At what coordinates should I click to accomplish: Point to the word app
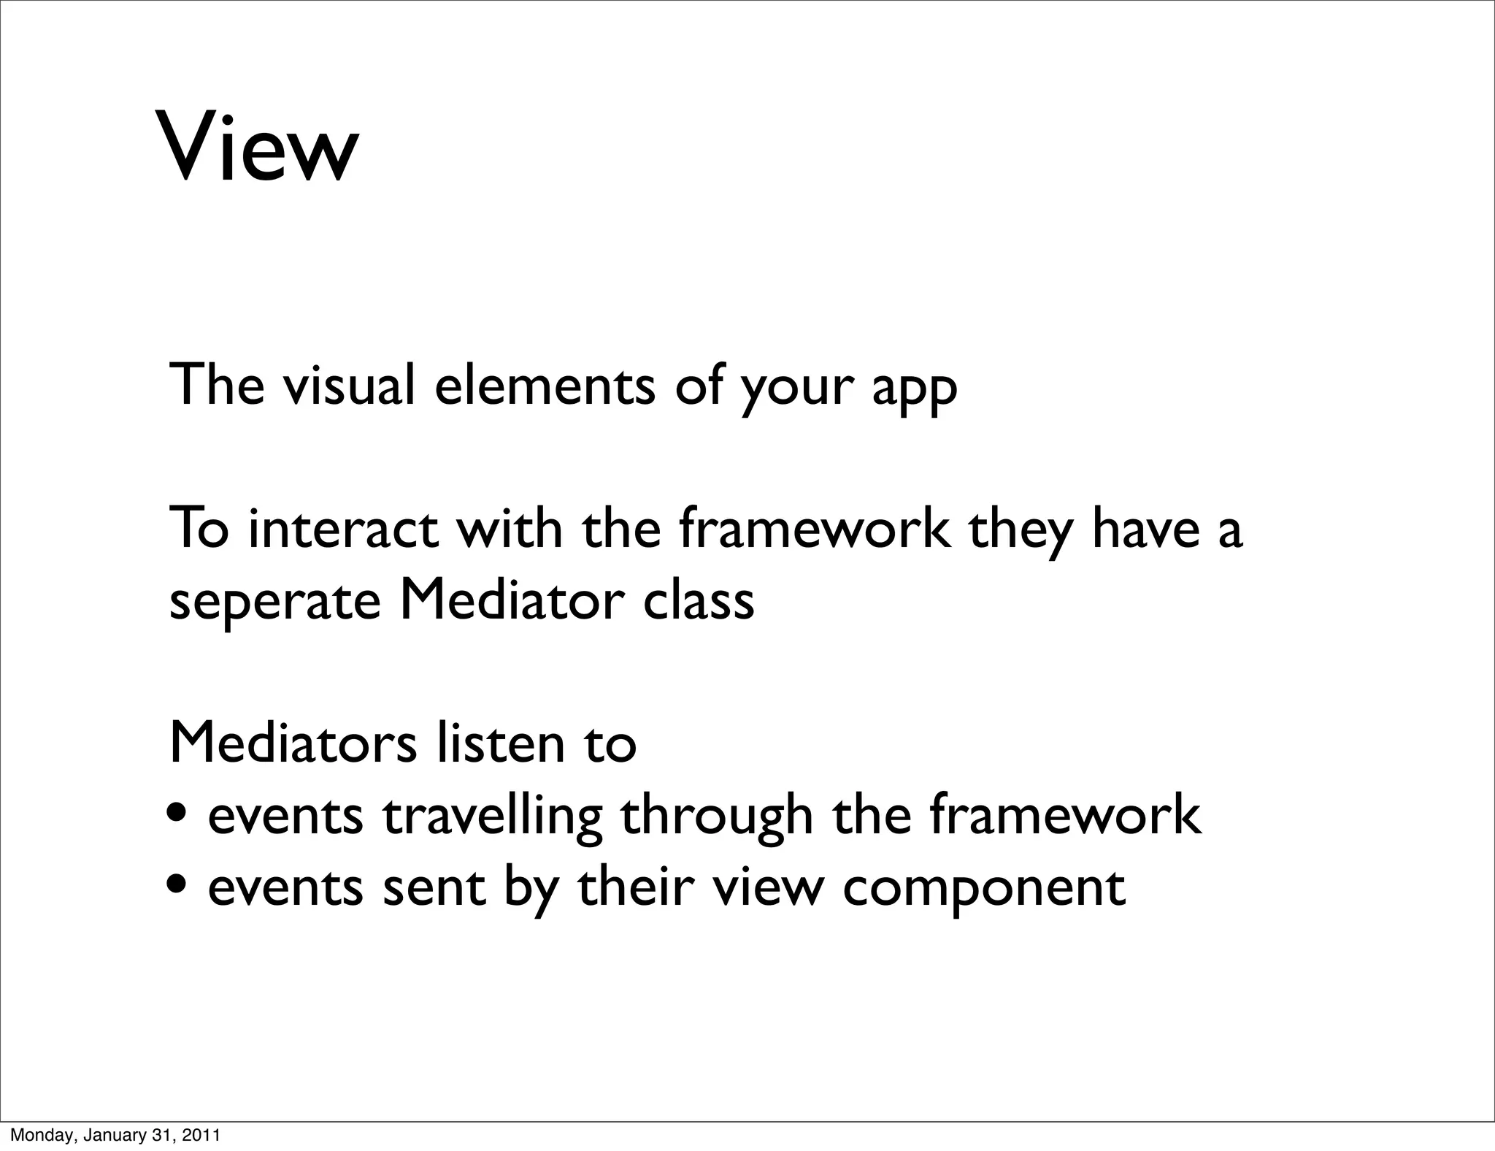[x=915, y=391]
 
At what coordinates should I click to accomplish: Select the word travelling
[x=493, y=818]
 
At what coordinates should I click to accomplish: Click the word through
[x=717, y=818]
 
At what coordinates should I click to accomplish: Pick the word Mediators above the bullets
[x=293, y=743]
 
